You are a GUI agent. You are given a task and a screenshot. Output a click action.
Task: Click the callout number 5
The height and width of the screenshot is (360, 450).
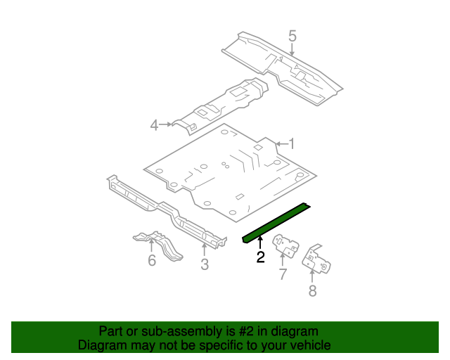292,37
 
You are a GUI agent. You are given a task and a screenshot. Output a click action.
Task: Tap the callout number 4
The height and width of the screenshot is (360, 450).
155,125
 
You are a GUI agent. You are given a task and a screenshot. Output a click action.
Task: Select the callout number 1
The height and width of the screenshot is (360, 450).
292,144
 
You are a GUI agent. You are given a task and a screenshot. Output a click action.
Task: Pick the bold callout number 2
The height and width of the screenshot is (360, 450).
261,257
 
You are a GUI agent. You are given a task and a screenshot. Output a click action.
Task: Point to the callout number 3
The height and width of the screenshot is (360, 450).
205,264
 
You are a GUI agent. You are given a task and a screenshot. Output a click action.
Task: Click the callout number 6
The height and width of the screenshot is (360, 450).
152,260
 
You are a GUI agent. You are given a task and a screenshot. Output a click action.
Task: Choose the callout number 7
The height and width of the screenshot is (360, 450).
283,274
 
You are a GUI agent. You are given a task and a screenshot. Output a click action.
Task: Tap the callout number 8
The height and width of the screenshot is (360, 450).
312,290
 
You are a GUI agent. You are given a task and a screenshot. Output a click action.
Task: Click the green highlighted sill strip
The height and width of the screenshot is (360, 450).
276,222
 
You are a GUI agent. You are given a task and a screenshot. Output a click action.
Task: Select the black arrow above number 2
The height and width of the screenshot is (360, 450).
260,243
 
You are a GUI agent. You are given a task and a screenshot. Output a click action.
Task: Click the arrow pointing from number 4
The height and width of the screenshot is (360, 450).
166,124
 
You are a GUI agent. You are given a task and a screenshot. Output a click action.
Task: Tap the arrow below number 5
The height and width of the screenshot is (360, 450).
292,50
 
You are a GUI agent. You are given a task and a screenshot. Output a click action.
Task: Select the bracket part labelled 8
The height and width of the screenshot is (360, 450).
316,259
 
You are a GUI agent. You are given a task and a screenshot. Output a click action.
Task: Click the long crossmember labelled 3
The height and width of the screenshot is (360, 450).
166,211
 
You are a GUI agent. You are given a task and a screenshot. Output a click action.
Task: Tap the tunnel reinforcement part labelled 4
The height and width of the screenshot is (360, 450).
220,105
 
